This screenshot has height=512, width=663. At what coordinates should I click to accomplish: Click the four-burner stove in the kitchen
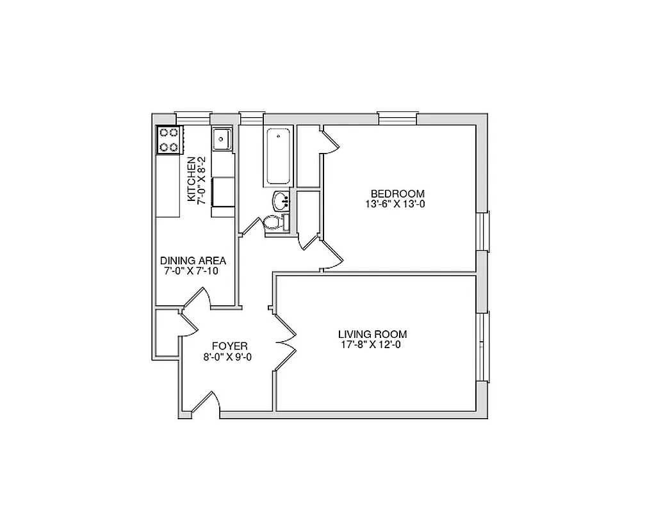(169, 140)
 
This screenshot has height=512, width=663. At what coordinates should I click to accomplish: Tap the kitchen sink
(222, 138)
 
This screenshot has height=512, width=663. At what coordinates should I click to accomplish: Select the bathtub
(277, 156)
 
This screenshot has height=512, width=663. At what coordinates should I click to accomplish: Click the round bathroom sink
(281, 201)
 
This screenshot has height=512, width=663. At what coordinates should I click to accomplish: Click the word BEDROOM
(398, 194)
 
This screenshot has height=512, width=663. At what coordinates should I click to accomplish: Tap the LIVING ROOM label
(372, 334)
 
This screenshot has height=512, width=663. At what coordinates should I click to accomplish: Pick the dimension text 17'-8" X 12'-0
(372, 345)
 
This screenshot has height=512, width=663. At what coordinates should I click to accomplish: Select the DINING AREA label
(193, 260)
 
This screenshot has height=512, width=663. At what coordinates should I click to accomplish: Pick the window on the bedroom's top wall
(397, 118)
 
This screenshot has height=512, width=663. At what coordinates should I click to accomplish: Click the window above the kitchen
(193, 118)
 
